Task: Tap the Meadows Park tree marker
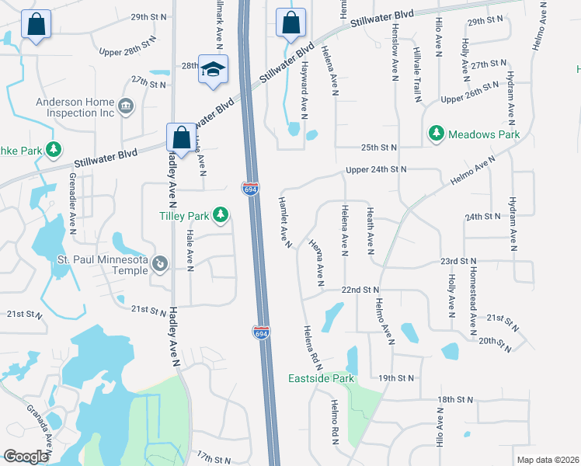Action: tap(437, 134)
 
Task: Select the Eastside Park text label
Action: tap(322, 379)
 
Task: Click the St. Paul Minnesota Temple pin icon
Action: tap(160, 263)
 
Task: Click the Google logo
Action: tap(26, 457)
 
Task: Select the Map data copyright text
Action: tap(547, 460)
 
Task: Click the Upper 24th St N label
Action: tap(376, 169)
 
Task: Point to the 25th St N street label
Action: tap(378, 147)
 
